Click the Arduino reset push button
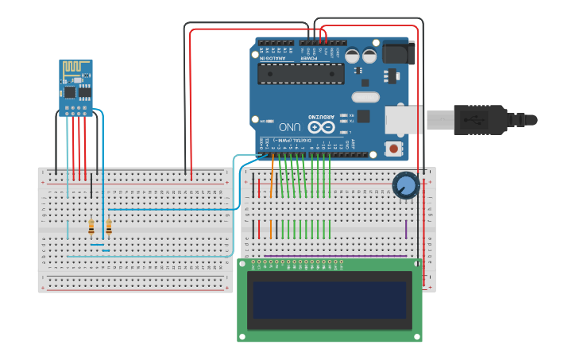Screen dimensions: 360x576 (392, 148)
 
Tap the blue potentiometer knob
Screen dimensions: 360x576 (405, 186)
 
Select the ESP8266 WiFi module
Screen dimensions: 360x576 (76, 87)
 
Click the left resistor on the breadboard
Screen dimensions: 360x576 (91, 227)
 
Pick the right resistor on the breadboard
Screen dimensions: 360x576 (109, 227)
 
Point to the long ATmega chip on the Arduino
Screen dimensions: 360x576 (301, 74)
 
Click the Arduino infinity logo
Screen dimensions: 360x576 (321, 126)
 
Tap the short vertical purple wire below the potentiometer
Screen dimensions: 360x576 (406, 229)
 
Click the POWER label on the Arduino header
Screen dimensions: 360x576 (311, 58)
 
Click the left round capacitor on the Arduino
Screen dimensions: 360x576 (352, 56)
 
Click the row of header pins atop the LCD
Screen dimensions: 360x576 (297, 263)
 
